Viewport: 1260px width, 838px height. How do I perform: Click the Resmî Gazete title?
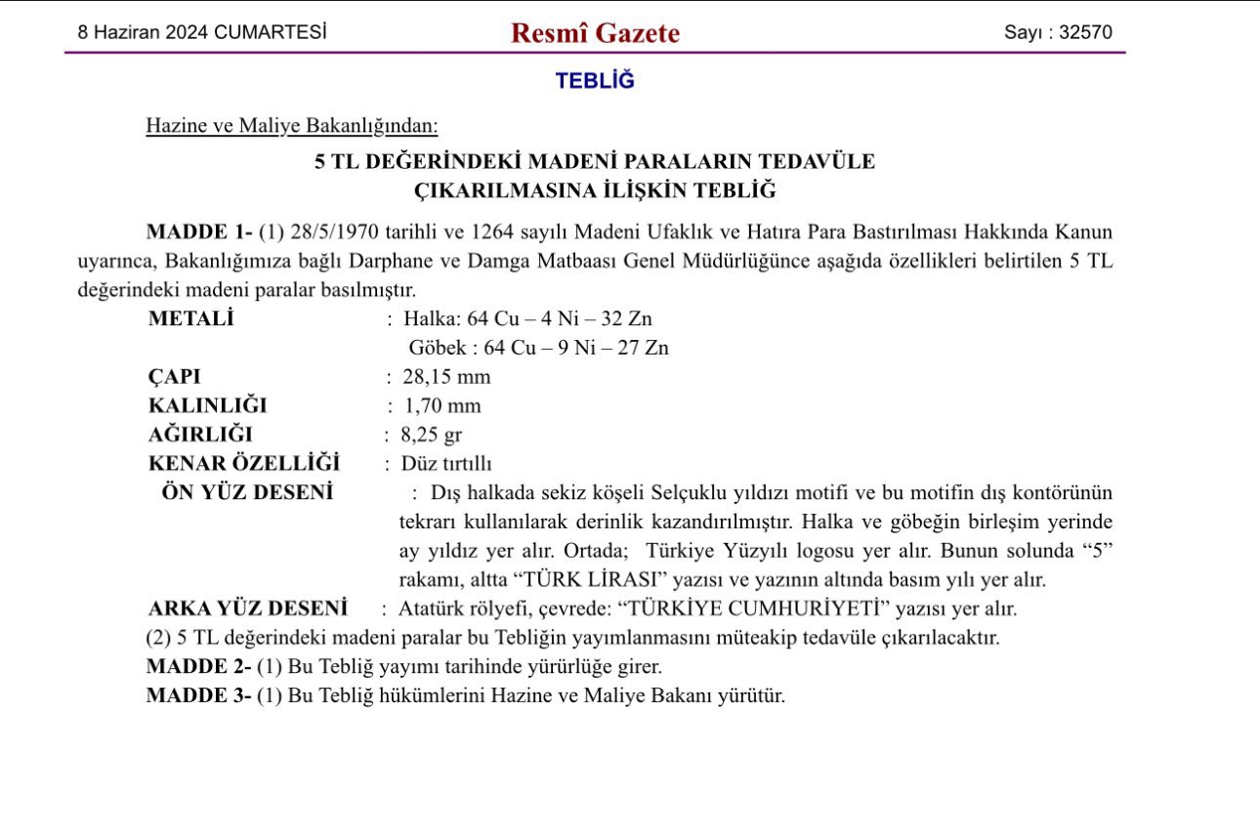pos(595,33)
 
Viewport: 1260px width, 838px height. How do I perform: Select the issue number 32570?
pos(1085,32)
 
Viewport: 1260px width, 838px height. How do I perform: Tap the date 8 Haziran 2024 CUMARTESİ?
pos(202,32)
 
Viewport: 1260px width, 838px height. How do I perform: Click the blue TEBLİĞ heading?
pos(595,81)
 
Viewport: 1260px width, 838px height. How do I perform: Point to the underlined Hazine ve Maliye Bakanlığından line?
pos(292,126)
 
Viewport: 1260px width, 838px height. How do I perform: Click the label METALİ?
pos(191,318)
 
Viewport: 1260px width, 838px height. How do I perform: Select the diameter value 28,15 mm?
pos(446,377)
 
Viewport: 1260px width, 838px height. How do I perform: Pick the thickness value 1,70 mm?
pos(441,406)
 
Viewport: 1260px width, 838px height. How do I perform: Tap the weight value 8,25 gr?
pos(433,436)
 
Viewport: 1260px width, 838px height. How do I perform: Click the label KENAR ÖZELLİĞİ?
pos(244,463)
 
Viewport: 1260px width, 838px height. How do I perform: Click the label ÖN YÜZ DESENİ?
pos(247,492)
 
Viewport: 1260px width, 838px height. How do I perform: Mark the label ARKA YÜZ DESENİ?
pos(248,608)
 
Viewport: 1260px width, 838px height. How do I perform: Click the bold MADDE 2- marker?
pos(198,667)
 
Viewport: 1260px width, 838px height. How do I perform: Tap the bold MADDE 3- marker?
pos(198,696)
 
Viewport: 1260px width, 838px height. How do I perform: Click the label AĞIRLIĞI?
pos(200,436)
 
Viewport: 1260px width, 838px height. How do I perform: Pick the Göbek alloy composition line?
pos(538,348)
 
